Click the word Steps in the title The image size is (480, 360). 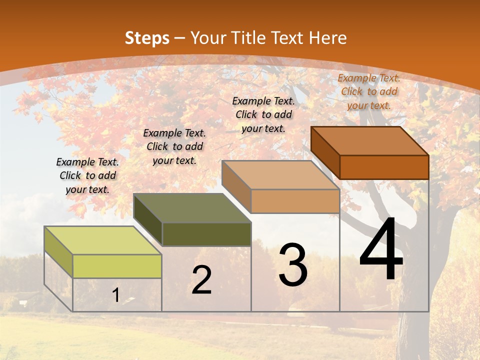147,38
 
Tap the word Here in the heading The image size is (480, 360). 327,38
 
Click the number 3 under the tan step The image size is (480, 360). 293,264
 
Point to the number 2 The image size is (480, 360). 201,280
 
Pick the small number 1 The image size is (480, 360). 116,295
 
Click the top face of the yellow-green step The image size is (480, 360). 103,240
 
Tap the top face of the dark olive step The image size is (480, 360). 192,208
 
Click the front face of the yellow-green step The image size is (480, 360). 117,266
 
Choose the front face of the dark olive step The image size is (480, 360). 206,234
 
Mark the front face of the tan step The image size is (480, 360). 295,201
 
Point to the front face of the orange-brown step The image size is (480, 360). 384,167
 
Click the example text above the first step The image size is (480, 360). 87,175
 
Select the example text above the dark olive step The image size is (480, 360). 174,146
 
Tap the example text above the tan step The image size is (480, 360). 263,114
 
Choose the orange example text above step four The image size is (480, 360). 369,91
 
